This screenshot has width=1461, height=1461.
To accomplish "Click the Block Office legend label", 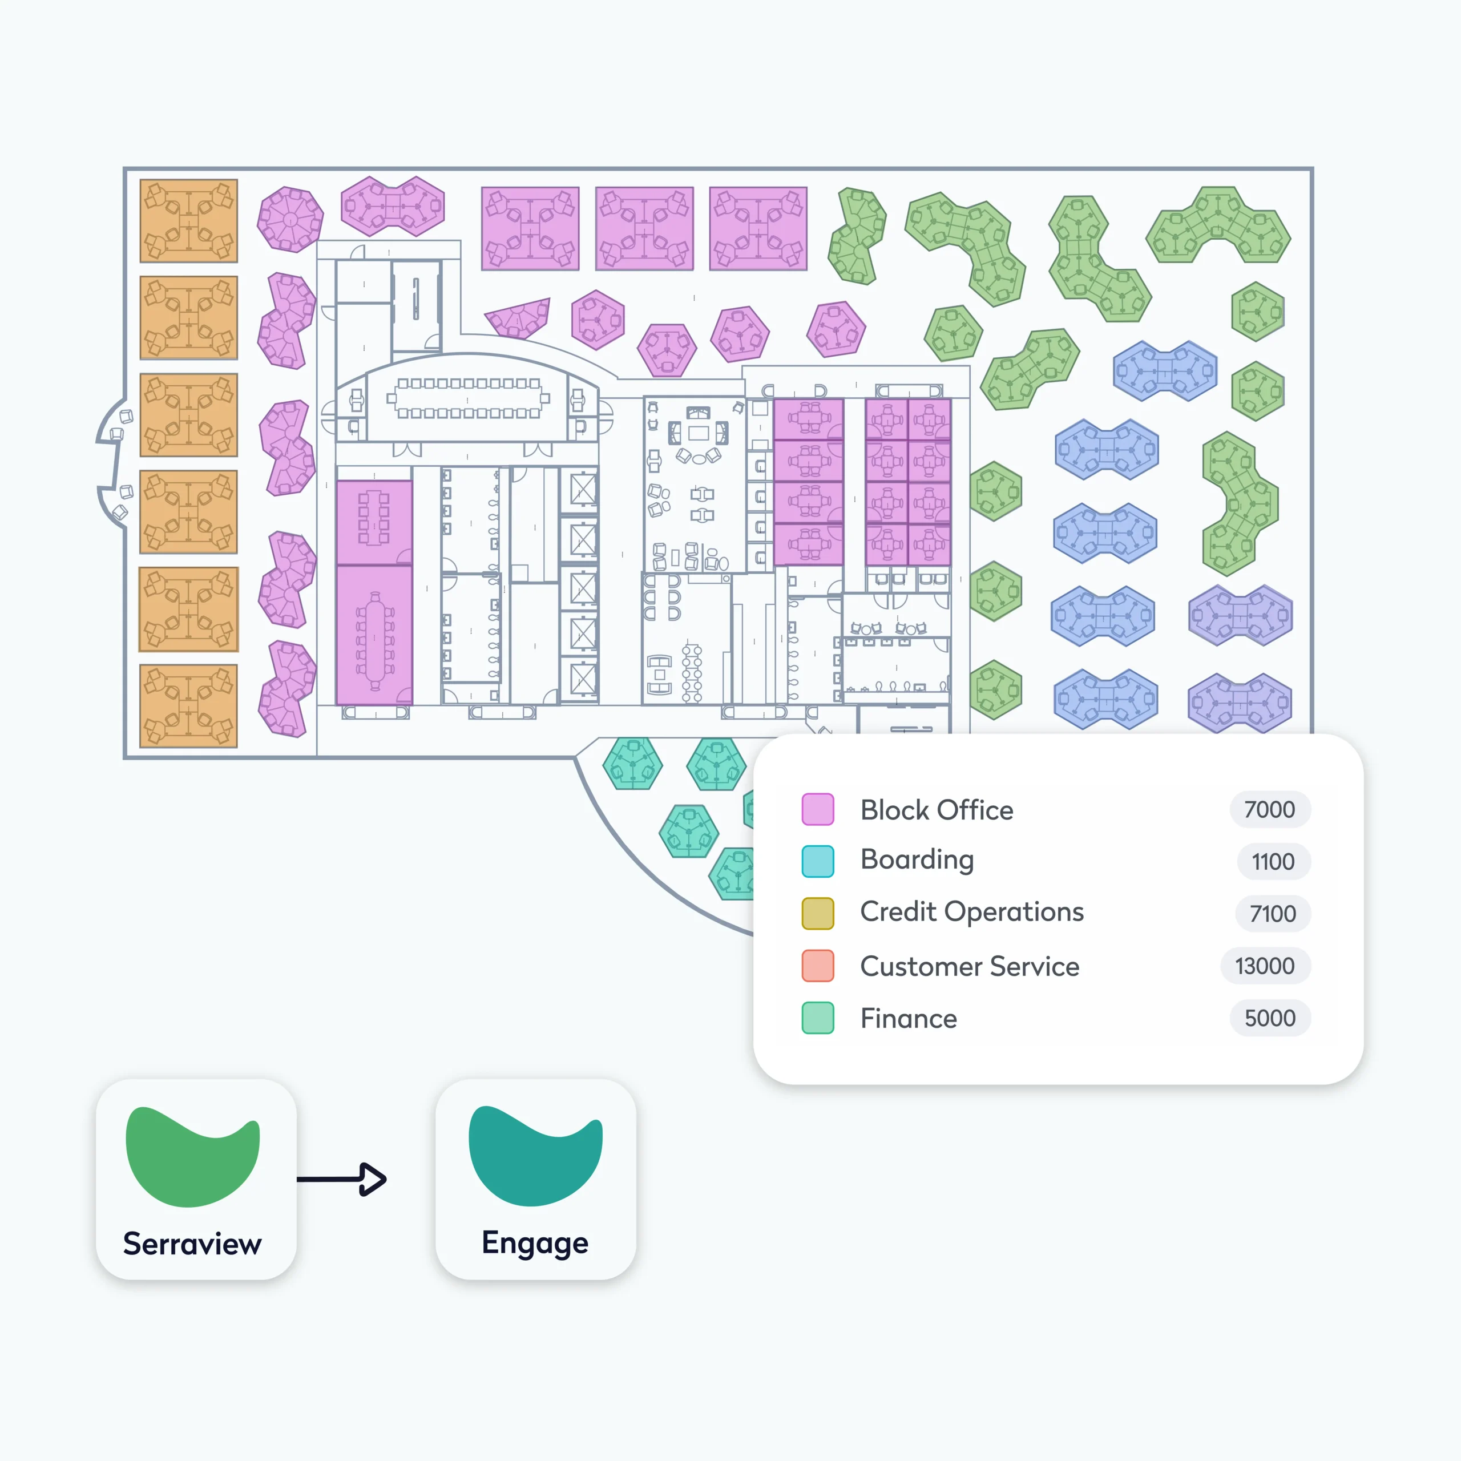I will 936,810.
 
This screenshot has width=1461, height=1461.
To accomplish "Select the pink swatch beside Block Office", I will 817,809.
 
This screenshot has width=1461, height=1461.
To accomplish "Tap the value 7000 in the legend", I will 1270,809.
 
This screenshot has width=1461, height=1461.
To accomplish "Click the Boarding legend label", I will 917,860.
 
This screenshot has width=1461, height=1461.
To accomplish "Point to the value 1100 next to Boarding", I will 1273,861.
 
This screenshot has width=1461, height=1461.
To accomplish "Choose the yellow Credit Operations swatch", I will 817,913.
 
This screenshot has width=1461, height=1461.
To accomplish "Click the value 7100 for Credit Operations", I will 1272,914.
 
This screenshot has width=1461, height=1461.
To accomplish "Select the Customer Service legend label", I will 970,966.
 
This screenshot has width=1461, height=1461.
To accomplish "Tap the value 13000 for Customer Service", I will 1264,966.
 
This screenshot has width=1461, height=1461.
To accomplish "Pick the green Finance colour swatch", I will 817,1018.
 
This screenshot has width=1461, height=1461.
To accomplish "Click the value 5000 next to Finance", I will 1270,1018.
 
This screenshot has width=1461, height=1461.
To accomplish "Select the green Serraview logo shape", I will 192,1157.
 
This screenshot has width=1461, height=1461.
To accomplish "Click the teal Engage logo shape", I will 535,1156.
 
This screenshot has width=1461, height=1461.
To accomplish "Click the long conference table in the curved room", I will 468,398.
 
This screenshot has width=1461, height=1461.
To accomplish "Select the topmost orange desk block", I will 188,221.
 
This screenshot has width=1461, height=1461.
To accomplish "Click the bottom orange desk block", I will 188,705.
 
